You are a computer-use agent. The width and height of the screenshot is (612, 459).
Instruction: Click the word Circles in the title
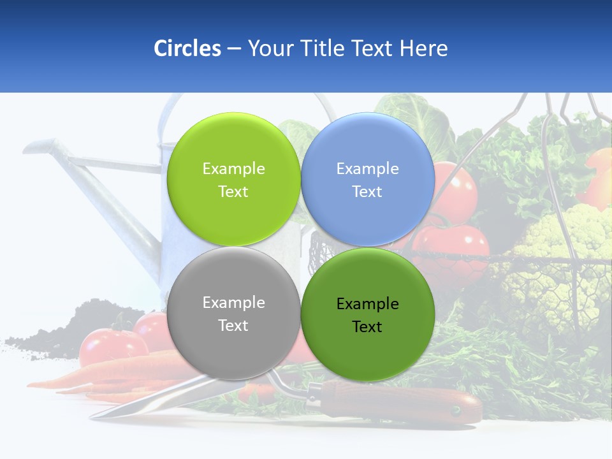[x=187, y=48]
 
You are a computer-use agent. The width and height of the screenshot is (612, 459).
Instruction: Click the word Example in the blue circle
[x=367, y=169]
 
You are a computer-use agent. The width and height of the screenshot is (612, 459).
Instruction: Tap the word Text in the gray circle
[x=233, y=326]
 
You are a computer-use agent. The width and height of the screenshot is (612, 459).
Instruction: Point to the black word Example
[x=367, y=304]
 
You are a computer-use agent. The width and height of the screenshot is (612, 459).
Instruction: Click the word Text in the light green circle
[x=233, y=192]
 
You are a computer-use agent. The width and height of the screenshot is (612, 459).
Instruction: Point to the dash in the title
[x=234, y=49]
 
